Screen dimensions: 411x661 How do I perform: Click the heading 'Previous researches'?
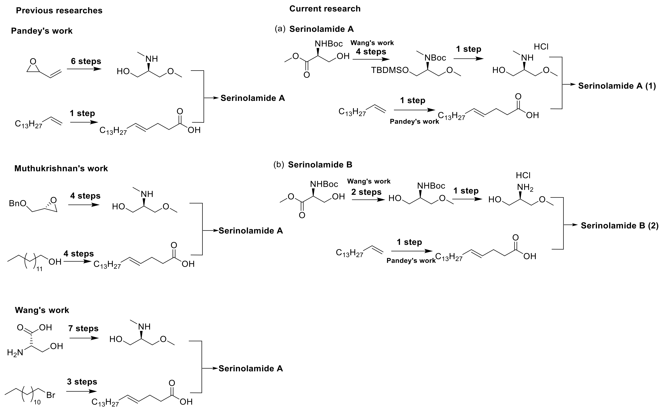[59, 11]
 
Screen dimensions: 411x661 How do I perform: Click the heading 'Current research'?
[325, 9]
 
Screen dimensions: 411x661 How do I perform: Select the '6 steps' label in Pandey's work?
[86, 61]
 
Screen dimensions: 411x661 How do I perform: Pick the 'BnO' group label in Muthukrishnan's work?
[18, 203]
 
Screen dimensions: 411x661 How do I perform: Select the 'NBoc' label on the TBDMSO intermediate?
[435, 58]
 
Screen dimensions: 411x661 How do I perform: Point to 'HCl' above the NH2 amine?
[523, 175]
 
